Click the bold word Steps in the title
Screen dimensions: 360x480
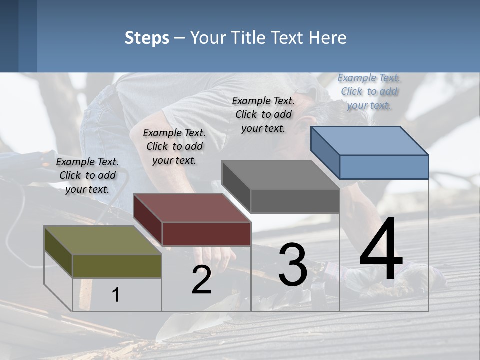(147, 38)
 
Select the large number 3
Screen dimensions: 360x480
(292, 264)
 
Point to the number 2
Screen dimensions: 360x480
(201, 280)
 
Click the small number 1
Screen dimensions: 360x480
(116, 295)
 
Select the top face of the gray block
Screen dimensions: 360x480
(280, 175)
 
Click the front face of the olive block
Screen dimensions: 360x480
(117, 266)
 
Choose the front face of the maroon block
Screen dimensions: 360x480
(206, 234)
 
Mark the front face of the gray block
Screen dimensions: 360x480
(295, 201)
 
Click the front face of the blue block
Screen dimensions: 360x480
(384, 167)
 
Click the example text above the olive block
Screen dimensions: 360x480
(87, 175)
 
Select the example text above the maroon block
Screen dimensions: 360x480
(174, 146)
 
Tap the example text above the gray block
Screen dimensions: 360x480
(263, 114)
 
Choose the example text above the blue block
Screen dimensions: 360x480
(369, 91)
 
